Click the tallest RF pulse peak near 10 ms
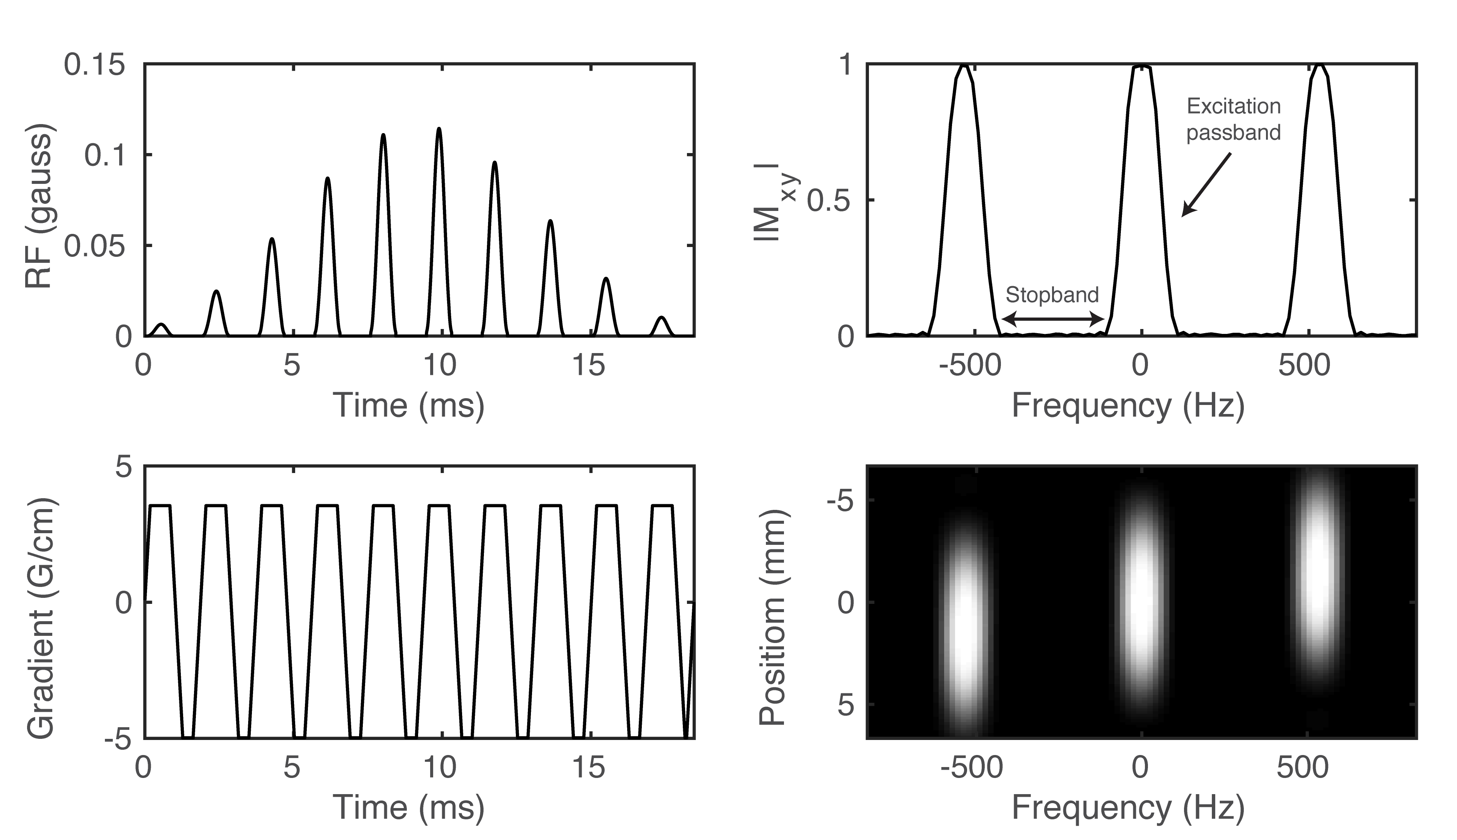(x=439, y=130)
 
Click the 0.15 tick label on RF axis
(x=94, y=65)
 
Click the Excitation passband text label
(x=1233, y=120)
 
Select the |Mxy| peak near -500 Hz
(x=964, y=66)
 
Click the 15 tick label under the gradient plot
(x=589, y=768)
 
